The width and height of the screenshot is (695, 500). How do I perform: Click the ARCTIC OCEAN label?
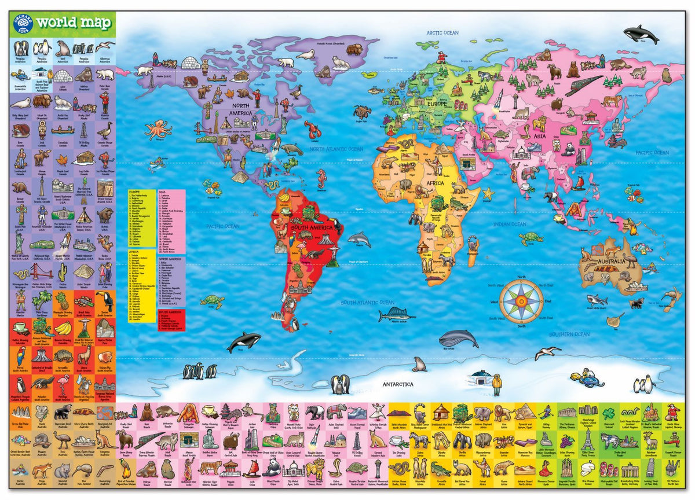tap(442, 33)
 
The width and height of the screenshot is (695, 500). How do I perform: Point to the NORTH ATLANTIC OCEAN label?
tap(336, 149)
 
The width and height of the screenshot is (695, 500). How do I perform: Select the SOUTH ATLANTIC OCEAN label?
tap(367, 303)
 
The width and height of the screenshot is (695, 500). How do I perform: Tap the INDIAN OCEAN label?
tap(510, 225)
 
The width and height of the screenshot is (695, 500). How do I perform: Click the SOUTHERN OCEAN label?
tap(569, 334)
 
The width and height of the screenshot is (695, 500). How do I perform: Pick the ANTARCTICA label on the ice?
tap(397, 384)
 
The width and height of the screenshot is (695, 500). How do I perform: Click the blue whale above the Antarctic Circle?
tap(458, 339)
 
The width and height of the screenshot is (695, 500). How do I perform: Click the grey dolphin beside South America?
tap(359, 238)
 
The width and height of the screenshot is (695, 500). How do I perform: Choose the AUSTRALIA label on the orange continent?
tap(613, 262)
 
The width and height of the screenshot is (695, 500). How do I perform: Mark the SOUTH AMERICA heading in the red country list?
tap(167, 312)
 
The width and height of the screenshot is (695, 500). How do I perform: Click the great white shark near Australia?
tap(597, 300)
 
